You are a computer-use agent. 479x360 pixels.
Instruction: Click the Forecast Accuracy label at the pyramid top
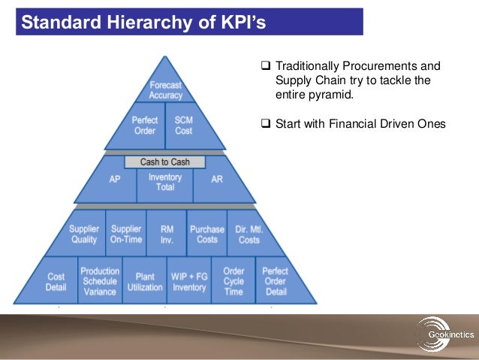[165, 90]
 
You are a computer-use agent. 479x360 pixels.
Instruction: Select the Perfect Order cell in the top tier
[144, 125]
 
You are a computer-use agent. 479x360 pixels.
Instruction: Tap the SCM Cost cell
[183, 125]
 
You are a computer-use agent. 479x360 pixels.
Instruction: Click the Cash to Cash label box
[165, 162]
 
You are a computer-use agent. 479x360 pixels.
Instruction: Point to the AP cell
[115, 180]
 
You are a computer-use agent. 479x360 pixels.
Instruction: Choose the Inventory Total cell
[165, 183]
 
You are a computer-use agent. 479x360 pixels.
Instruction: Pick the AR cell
[216, 180]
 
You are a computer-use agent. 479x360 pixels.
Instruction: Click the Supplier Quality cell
[83, 234]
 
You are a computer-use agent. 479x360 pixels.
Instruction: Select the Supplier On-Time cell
[125, 234]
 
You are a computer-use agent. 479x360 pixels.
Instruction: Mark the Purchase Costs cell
[206, 234]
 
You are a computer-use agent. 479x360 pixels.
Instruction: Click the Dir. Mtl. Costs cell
[249, 234]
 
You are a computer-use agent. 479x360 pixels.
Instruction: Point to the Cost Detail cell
[55, 282]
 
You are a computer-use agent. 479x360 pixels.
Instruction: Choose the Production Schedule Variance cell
[100, 281]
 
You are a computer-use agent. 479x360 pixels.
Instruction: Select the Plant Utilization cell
[145, 282]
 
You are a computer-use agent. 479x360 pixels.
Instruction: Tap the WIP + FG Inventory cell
[189, 282]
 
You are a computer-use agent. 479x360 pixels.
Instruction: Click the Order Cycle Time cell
[233, 281]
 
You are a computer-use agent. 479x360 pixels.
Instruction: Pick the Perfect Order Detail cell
[276, 281]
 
